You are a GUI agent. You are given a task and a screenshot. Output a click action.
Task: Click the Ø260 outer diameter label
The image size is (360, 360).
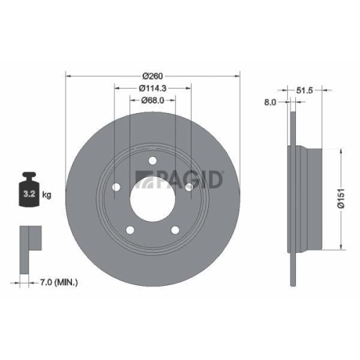point(153,75)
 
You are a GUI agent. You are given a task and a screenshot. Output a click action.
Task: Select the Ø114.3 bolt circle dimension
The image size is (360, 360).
point(153,88)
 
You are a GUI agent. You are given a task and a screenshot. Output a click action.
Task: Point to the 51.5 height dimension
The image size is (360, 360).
point(306,90)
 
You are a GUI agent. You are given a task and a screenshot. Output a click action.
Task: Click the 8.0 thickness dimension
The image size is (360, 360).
point(271,102)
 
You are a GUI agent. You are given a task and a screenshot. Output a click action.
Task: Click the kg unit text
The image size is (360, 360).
point(47,194)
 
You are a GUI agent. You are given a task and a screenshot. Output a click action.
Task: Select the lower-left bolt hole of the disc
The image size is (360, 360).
point(130,230)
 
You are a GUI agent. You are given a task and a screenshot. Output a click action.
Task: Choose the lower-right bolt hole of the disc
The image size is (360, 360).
point(175,230)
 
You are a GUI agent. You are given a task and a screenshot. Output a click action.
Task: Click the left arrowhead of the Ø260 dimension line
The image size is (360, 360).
point(68,75)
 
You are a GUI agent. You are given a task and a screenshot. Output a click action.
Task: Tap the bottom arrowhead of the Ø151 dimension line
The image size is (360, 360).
point(338,249)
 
